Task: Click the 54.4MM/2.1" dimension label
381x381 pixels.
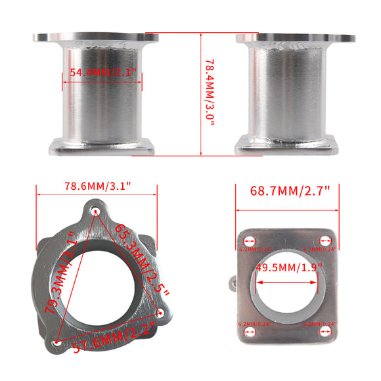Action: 102,74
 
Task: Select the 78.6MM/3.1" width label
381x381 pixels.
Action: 97,185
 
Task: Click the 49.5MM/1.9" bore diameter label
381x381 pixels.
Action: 290,267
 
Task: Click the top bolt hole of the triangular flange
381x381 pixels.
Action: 96,212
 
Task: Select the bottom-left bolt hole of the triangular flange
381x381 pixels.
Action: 56,344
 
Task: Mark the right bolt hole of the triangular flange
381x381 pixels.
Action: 161,312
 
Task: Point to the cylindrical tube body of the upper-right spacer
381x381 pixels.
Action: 286,92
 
